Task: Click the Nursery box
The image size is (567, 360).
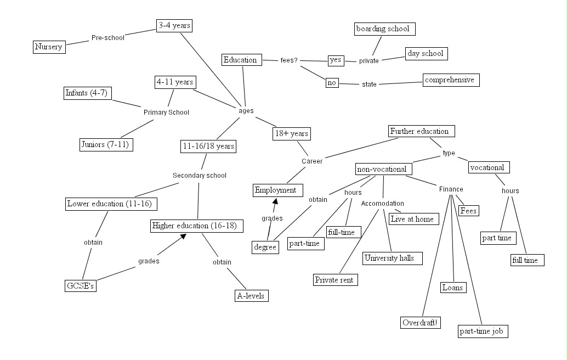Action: [49, 47]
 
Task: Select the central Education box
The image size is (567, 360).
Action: [240, 60]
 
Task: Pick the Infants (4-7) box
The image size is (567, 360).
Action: [88, 93]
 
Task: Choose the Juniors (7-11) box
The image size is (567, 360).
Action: [106, 144]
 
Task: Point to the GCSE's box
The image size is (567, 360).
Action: [80, 285]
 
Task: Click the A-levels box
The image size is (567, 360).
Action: [251, 296]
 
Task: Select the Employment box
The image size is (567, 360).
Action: [278, 190]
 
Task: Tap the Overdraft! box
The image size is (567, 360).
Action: [420, 322]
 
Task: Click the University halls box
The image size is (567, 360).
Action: [393, 258]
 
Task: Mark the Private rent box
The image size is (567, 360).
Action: [336, 279]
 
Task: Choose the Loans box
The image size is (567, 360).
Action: [452, 287]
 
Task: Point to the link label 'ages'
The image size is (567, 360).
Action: [246, 110]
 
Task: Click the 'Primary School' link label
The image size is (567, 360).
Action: [166, 113]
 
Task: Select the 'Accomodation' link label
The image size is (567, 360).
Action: [382, 204]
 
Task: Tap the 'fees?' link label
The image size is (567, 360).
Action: [288, 60]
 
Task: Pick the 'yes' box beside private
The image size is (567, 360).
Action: [336, 60]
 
